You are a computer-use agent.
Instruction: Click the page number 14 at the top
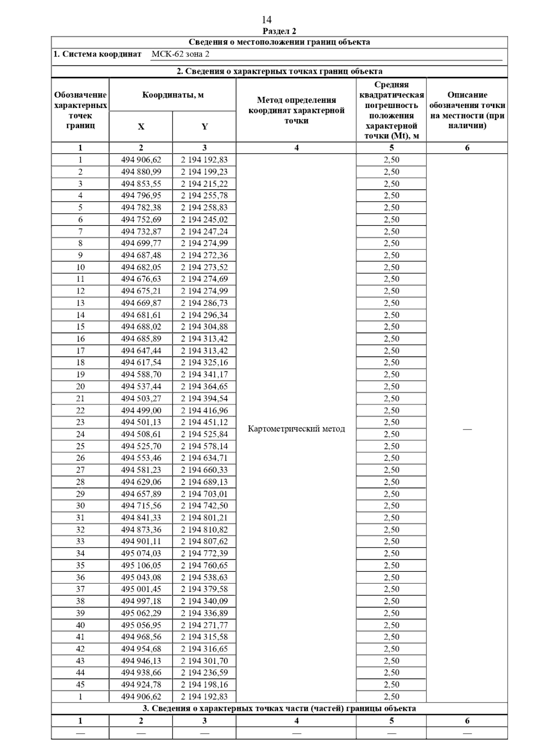click(x=266, y=20)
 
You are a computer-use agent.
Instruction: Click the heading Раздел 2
click(x=279, y=31)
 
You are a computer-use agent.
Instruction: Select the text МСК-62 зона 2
click(x=180, y=54)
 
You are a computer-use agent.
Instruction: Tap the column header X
click(x=141, y=127)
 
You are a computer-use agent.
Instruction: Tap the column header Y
click(x=204, y=127)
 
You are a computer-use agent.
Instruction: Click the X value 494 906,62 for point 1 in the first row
click(x=141, y=160)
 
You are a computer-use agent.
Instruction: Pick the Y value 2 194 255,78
click(x=204, y=196)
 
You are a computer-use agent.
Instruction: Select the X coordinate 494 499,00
click(x=141, y=410)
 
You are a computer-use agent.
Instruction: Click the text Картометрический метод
click(x=296, y=429)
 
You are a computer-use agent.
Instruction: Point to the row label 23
click(x=80, y=422)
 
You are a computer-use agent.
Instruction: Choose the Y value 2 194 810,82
click(x=204, y=530)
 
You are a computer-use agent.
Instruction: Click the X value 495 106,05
click(x=141, y=566)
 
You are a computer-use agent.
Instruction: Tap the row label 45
click(x=80, y=685)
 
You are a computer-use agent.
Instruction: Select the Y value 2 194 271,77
click(x=204, y=625)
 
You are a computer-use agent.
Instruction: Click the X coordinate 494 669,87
click(x=141, y=303)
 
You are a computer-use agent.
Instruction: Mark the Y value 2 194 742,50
click(x=204, y=506)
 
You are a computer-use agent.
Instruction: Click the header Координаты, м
click(x=173, y=95)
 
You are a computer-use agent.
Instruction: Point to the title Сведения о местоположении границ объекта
click(x=279, y=42)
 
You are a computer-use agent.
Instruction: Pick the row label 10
click(x=80, y=267)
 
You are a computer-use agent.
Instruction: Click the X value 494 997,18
click(x=141, y=601)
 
